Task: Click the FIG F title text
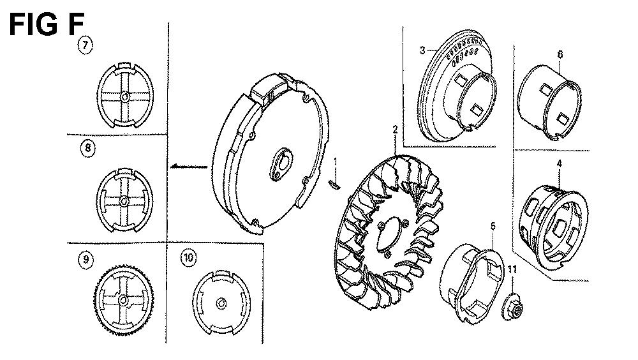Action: pyautogui.click(x=47, y=24)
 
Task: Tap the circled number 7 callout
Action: pyautogui.click(x=85, y=45)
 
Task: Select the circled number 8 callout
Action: pyautogui.click(x=88, y=148)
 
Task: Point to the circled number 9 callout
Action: pyautogui.click(x=85, y=259)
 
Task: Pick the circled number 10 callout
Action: pyautogui.click(x=188, y=257)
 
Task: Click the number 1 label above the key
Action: pyautogui.click(x=336, y=161)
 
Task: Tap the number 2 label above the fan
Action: pyautogui.click(x=395, y=130)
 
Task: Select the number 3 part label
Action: pyautogui.click(x=422, y=50)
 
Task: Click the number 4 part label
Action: pyautogui.click(x=560, y=163)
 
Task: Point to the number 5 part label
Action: pyautogui.click(x=493, y=226)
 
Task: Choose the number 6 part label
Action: pyautogui.click(x=560, y=54)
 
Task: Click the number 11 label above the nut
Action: pyautogui.click(x=512, y=269)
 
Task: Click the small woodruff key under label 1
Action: pyautogui.click(x=334, y=184)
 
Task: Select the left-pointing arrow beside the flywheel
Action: pyautogui.click(x=189, y=166)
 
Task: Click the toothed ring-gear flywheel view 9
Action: pyautogui.click(x=124, y=300)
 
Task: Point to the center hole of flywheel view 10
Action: pyautogui.click(x=221, y=304)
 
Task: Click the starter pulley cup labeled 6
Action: pyautogui.click(x=549, y=102)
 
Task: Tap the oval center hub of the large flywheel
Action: pyautogui.click(x=279, y=163)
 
